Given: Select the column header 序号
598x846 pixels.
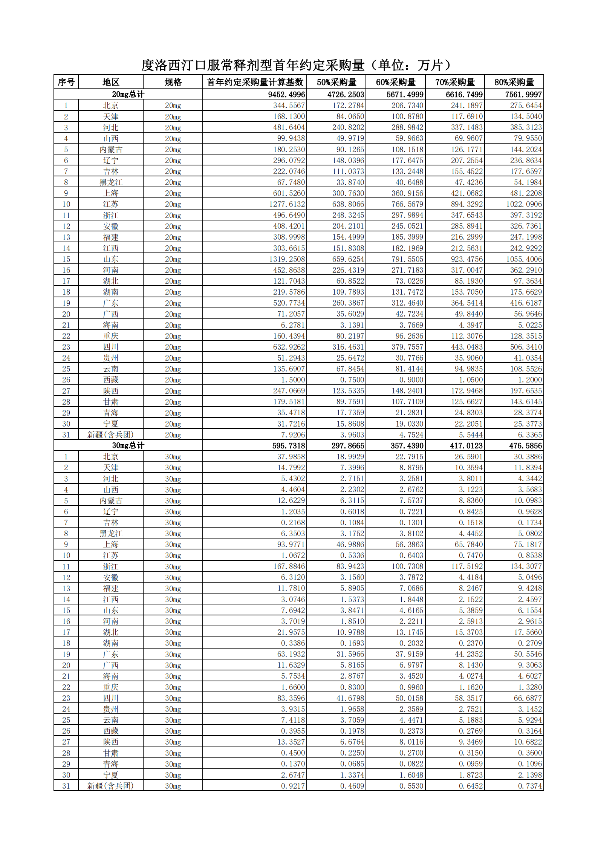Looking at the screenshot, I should pyautogui.click(x=66, y=82).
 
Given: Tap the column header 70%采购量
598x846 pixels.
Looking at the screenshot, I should pyautogui.click(x=455, y=82).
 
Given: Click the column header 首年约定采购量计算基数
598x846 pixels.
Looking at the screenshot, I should pyautogui.click(x=255, y=82).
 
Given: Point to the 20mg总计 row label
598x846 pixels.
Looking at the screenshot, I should pyautogui.click(x=128, y=94).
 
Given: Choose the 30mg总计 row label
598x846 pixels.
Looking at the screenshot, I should pyautogui.click(x=128, y=445).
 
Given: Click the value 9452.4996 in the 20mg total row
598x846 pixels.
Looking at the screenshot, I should pyautogui.click(x=286, y=94).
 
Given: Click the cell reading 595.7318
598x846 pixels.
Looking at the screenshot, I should pyautogui.click(x=289, y=445).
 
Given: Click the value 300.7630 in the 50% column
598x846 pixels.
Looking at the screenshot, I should pyautogui.click(x=348, y=193).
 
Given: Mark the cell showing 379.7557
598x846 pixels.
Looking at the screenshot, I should pyautogui.click(x=407, y=347).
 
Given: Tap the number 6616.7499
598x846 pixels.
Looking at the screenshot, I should pyautogui.click(x=464, y=94).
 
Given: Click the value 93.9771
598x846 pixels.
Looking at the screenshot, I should pyautogui.click(x=291, y=545).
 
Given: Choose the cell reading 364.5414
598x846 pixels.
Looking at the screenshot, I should pyautogui.click(x=466, y=303).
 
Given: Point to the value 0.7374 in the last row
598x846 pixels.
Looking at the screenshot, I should pyautogui.click(x=530, y=786).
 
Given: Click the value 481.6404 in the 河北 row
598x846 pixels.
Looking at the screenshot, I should pyautogui.click(x=289, y=127).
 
